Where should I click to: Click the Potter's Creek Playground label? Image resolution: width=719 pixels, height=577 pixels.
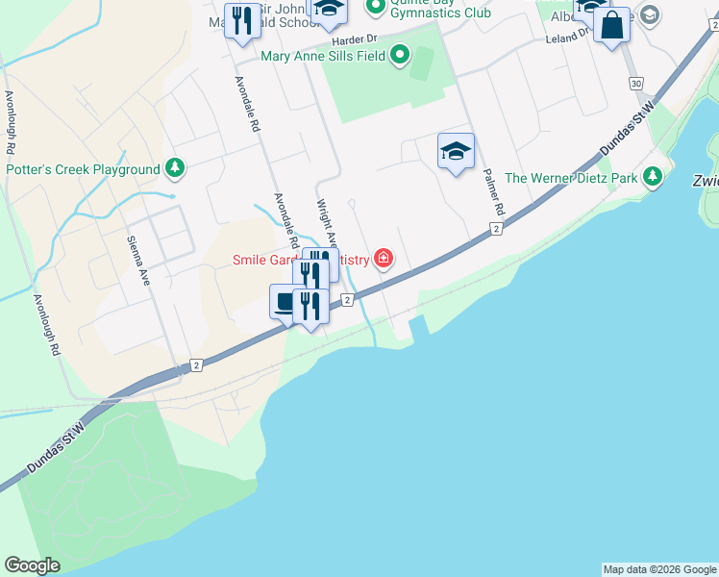click(83, 169)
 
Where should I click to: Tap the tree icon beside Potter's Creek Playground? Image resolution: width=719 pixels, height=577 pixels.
click(175, 169)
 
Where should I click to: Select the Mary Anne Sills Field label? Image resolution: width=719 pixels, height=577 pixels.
click(323, 56)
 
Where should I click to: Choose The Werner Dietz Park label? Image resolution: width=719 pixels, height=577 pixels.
click(571, 177)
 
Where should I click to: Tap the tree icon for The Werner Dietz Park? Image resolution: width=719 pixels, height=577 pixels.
click(654, 177)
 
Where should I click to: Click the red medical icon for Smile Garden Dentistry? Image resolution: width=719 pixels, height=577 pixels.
click(384, 259)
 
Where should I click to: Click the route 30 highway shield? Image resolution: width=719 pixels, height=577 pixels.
click(636, 84)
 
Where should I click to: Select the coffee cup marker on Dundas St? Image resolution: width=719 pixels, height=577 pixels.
click(285, 303)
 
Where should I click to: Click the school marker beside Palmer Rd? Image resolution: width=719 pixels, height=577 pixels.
click(456, 151)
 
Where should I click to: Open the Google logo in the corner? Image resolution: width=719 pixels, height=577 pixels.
click(32, 565)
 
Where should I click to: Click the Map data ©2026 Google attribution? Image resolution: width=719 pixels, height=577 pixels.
click(659, 569)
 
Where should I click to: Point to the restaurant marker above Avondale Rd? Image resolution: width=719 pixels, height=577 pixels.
click(241, 20)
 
